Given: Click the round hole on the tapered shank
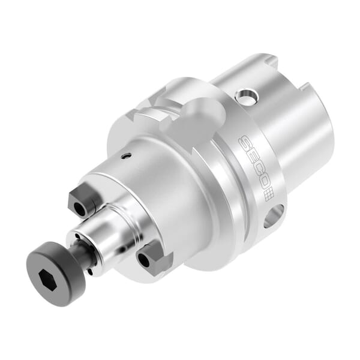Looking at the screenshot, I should pyautogui.click(x=245, y=95).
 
